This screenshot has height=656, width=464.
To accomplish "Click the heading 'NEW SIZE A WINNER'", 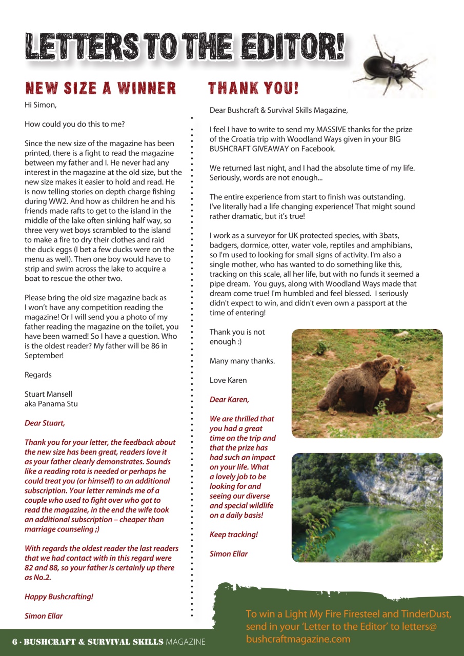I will pyautogui.click(x=100, y=88).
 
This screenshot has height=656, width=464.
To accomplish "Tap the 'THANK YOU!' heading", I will pyautogui.click(x=253, y=88).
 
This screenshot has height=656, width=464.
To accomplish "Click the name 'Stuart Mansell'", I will pyautogui.click(x=48, y=394).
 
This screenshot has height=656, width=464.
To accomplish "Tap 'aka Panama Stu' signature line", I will pyautogui.click(x=51, y=404).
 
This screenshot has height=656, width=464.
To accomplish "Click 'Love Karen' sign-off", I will pyautogui.click(x=228, y=380).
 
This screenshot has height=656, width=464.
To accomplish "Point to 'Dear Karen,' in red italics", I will pyautogui.click(x=229, y=399).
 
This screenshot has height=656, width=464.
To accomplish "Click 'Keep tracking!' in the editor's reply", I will pyautogui.click(x=234, y=535).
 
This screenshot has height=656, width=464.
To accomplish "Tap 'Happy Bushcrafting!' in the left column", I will pyautogui.click(x=59, y=597).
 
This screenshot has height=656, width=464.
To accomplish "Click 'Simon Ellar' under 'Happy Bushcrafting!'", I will pyautogui.click(x=44, y=616).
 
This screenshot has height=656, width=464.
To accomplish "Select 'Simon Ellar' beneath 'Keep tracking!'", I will pyautogui.click(x=229, y=553).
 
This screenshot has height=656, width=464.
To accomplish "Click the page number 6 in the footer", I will pyautogui.click(x=15, y=642).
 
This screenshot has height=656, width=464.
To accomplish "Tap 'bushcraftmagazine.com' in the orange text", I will pyautogui.click(x=298, y=639).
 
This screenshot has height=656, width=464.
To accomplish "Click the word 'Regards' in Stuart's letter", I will pyautogui.click(x=38, y=375).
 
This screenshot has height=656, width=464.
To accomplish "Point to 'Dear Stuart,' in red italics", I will pyautogui.click(x=45, y=423).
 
